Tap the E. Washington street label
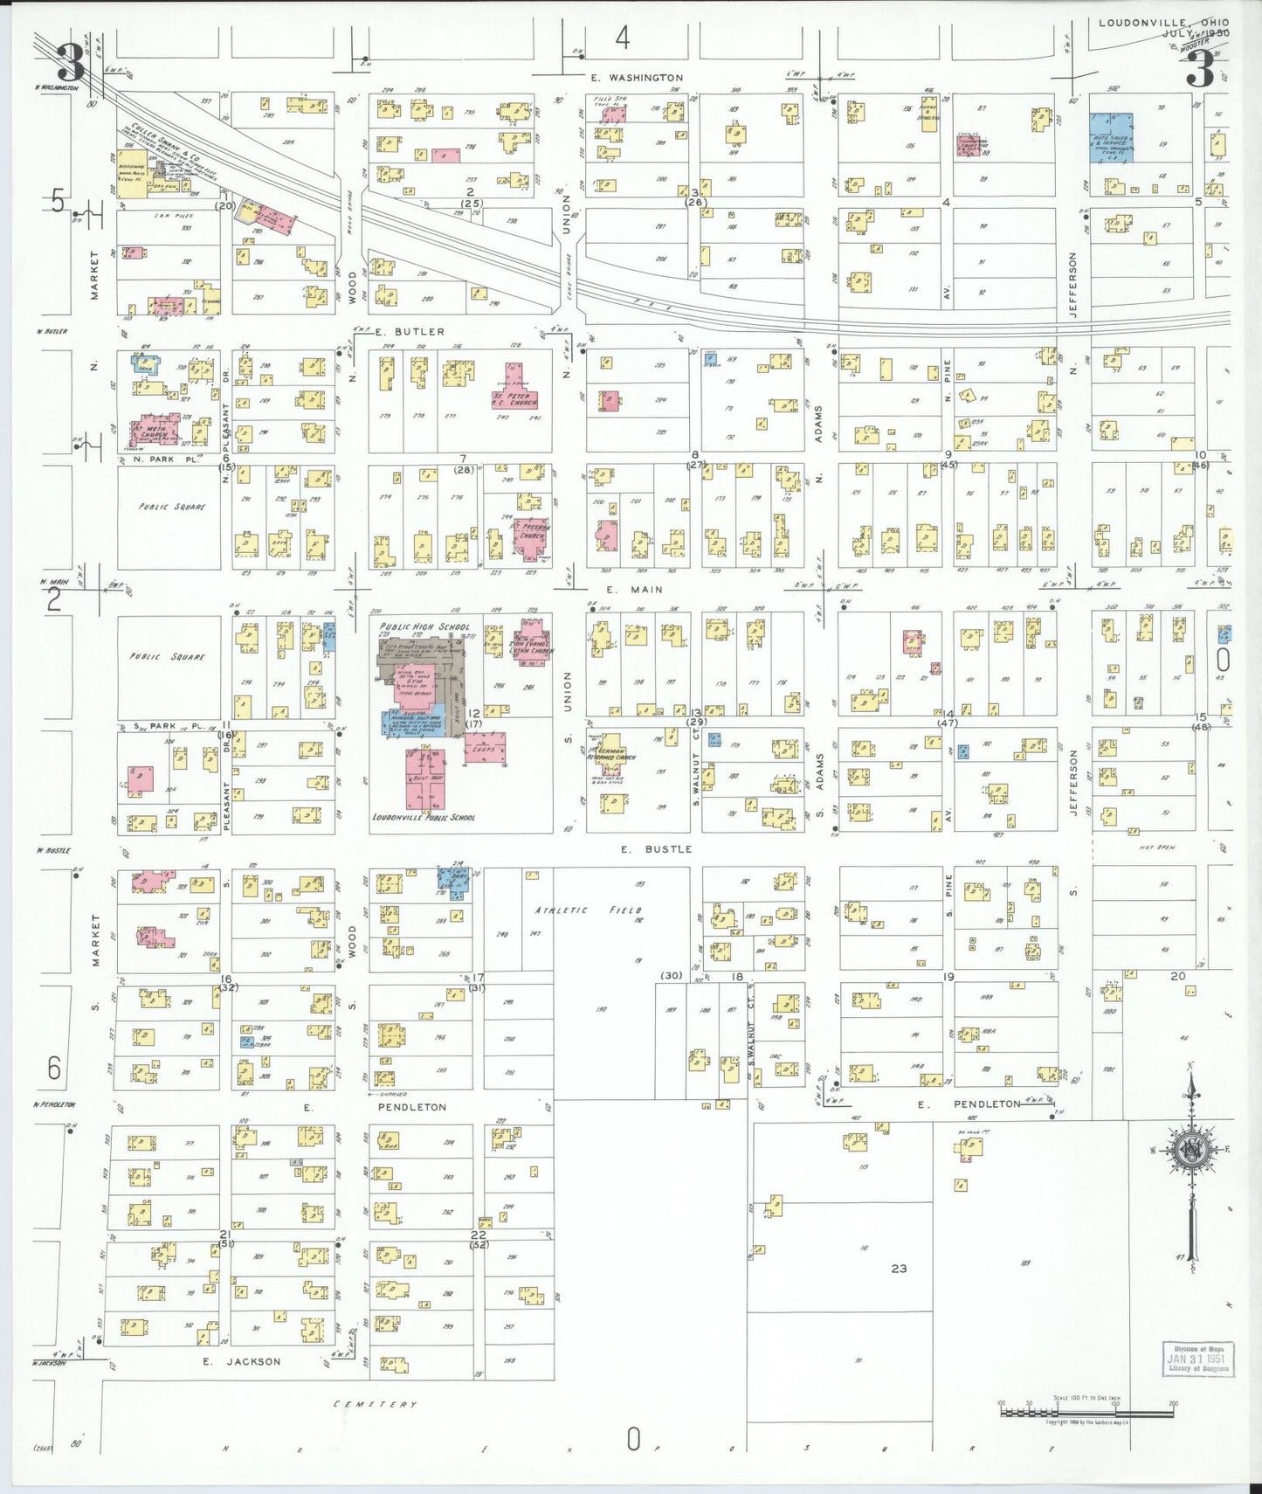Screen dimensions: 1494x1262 pos(637,78)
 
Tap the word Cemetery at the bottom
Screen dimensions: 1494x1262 pos(376,1404)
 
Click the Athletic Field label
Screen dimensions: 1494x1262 pos(588,910)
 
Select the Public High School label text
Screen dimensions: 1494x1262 pos(424,626)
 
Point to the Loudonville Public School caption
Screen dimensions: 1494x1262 pos(424,818)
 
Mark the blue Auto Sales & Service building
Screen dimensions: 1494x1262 pos(1111,138)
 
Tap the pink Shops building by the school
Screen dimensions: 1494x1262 pos(484,749)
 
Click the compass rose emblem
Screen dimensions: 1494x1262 pos(1191,1152)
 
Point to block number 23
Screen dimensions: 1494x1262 pos(899,1269)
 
